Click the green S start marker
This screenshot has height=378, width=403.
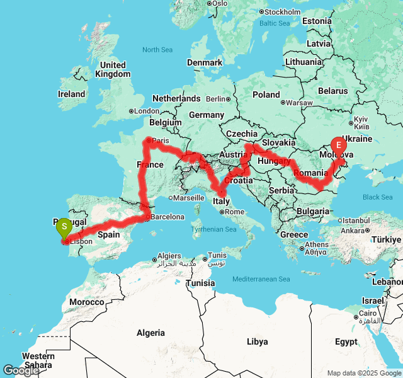64,227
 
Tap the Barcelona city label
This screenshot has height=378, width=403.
167,217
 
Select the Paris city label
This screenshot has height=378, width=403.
161,140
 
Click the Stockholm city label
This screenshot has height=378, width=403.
282,12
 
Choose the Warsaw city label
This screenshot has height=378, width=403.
298,102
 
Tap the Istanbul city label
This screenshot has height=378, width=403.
357,220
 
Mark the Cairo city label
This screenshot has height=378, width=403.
370,314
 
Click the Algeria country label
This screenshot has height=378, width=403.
150,333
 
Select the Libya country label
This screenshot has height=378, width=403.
257,341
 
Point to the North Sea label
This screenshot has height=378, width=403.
157,50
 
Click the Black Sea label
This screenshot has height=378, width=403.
377,197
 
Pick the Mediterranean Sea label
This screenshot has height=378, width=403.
261,279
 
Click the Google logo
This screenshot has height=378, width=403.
21,370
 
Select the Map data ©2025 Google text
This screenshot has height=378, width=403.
363,373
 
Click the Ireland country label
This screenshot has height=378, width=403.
71,94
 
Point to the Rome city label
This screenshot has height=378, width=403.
234,212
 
